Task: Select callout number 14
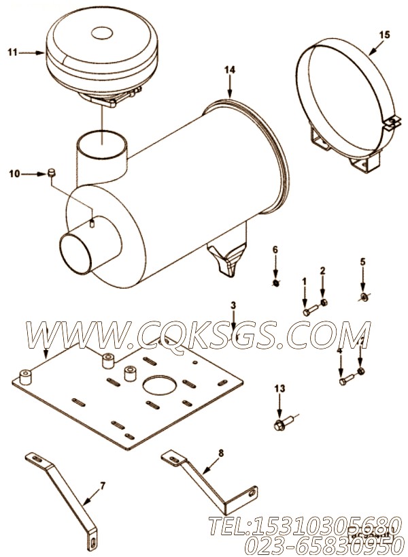[x=230, y=69]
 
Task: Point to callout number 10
[x=14, y=174]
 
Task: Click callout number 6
[x=275, y=250]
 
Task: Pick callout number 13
[x=279, y=388]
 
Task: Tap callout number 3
[x=233, y=306]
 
